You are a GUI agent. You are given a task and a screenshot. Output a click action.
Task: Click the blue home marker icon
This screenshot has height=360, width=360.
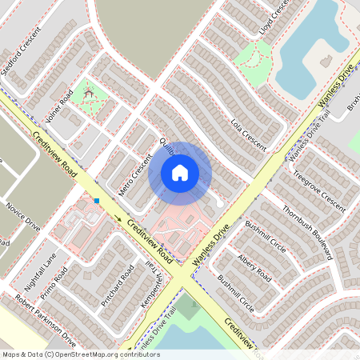click(180, 172)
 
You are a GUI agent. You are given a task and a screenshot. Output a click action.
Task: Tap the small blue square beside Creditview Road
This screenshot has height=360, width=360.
click(97, 200)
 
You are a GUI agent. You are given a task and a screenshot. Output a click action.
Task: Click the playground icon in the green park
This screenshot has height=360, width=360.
click(90, 92)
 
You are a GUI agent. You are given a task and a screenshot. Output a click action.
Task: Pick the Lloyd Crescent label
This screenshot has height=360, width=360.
click(274, 17)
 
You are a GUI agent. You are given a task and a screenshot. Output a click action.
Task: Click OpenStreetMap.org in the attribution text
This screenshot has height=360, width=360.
click(85, 354)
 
